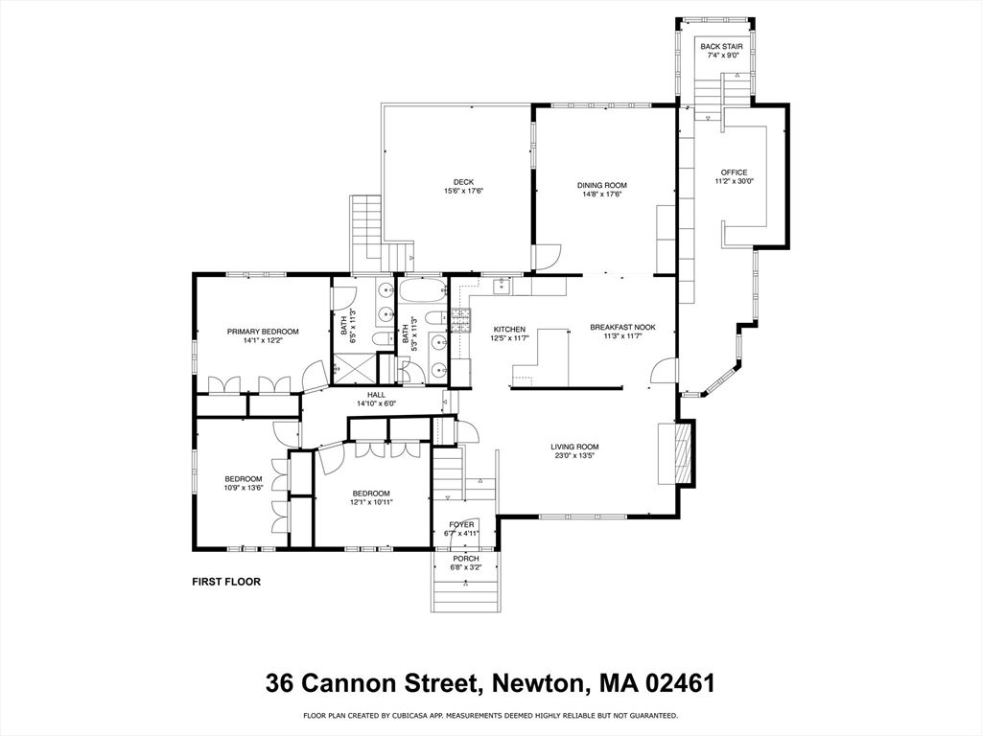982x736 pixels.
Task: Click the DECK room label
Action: click(x=463, y=182)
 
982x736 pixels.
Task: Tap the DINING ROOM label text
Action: click(x=601, y=185)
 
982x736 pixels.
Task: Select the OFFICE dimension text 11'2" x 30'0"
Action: click(x=734, y=182)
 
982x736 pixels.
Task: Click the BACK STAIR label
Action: click(x=720, y=46)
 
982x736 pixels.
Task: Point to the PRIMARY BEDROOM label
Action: click(x=263, y=332)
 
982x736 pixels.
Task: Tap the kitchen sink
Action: click(x=502, y=286)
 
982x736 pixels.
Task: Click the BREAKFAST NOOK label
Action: click(x=622, y=328)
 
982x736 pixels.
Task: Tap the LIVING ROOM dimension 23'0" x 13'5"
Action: click(x=574, y=456)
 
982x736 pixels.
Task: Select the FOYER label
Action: click(x=462, y=524)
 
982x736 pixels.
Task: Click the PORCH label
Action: click(x=465, y=558)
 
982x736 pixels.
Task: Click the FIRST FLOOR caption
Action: click(x=226, y=581)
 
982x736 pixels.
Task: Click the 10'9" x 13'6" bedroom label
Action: click(x=244, y=479)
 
